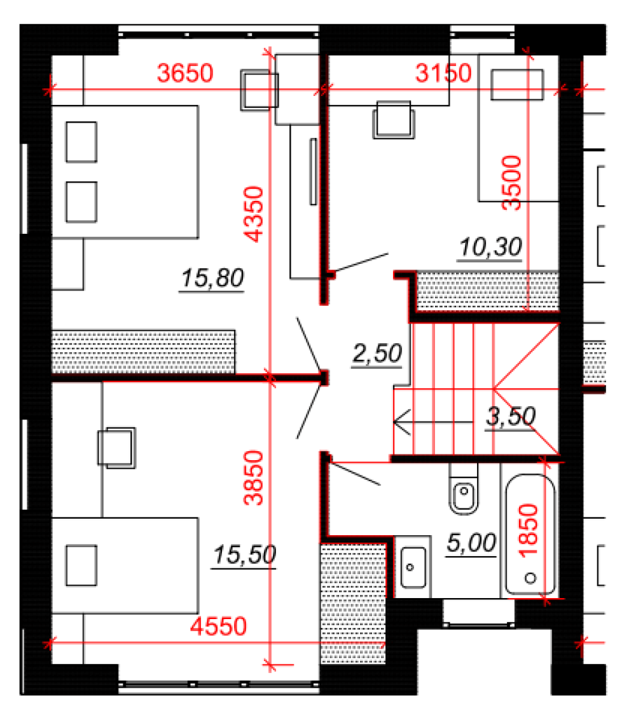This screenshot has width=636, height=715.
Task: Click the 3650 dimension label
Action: click(x=185, y=73)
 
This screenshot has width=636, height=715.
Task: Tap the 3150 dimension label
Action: click(x=443, y=73)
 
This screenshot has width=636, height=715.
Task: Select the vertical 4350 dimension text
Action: click(x=254, y=214)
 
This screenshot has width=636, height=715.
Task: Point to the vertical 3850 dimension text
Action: click(x=254, y=478)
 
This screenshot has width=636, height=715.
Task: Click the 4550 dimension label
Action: click(x=218, y=626)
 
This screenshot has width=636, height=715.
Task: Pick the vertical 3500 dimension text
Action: click(x=511, y=182)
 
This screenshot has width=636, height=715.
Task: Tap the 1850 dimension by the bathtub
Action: click(x=529, y=530)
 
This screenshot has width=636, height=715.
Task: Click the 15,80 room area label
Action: click(x=212, y=278)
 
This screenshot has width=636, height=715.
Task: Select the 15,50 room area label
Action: click(x=244, y=555)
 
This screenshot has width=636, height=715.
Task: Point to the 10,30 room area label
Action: click(x=490, y=248)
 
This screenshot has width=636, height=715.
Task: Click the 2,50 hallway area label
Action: click(x=377, y=353)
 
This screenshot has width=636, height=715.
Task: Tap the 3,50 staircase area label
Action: click(x=511, y=416)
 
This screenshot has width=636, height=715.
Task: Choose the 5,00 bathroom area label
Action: click(x=471, y=543)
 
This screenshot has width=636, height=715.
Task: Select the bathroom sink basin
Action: click(x=413, y=568)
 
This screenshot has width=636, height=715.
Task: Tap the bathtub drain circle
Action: click(x=530, y=578)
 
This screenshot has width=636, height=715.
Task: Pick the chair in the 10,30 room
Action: click(x=394, y=120)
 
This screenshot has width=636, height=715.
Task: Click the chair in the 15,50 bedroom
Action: click(x=117, y=448)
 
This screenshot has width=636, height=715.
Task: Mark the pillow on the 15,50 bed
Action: click(x=81, y=566)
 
